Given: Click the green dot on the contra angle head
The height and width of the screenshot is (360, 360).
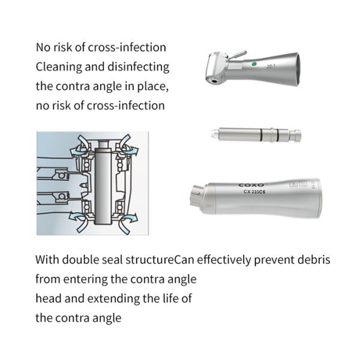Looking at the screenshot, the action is coord(254,64).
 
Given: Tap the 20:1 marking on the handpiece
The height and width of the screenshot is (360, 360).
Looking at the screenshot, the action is coord(271,67).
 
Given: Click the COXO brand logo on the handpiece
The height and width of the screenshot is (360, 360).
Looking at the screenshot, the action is coord(251,185).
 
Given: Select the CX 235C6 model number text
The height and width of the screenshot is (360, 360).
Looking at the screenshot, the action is coord(254,192).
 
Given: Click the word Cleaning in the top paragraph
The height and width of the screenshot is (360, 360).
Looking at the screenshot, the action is coord(59,67).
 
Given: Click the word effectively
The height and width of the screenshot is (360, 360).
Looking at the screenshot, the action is coord(224,260).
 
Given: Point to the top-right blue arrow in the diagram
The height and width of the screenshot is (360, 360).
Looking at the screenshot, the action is coord(128,145).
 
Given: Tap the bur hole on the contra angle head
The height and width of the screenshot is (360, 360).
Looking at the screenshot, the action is coord(214,81).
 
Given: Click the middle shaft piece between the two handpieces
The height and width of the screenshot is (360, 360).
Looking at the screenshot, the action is coord(256,134).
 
